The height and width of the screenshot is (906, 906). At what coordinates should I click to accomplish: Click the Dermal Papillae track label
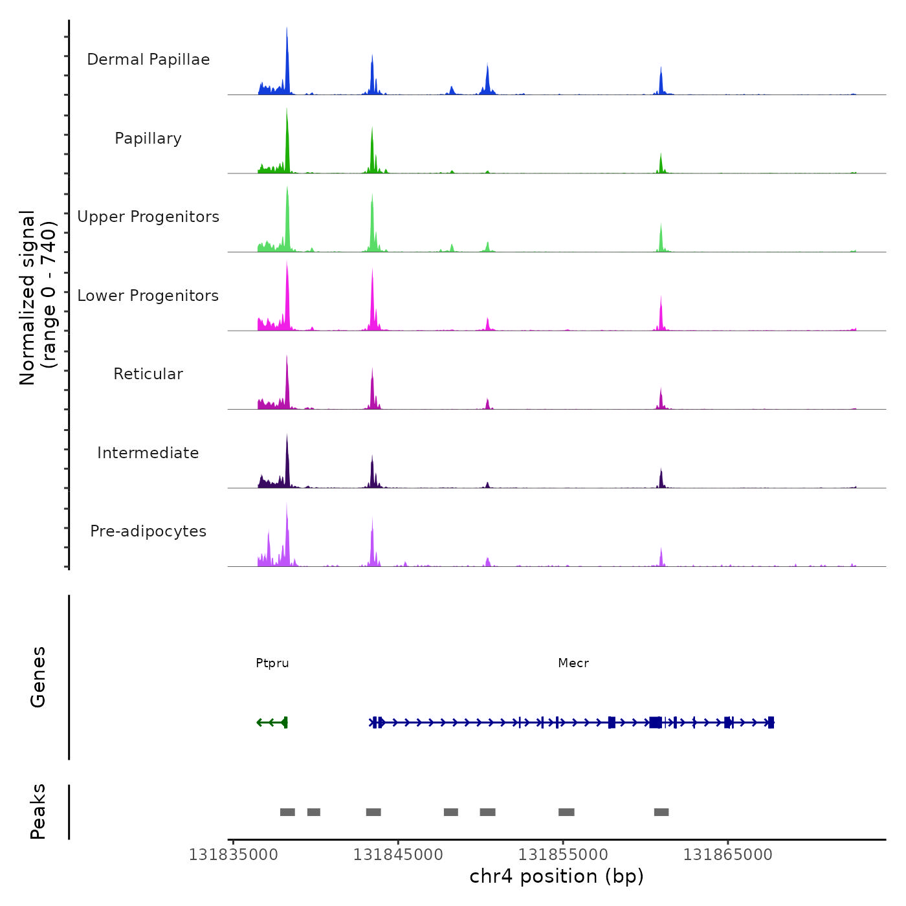tap(148, 60)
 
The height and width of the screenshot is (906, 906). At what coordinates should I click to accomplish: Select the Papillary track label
tap(148, 138)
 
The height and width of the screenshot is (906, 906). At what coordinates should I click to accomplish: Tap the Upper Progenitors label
tap(148, 217)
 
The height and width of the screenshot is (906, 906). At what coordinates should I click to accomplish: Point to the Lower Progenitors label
tap(148, 296)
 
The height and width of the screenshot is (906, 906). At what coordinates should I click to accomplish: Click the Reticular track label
tap(148, 374)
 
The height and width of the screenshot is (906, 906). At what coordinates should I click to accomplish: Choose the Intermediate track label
tap(148, 453)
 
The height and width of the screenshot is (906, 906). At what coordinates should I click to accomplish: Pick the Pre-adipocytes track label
tap(148, 531)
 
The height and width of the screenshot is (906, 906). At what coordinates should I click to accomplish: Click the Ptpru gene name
tap(272, 663)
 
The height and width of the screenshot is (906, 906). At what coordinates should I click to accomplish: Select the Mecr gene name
tap(573, 663)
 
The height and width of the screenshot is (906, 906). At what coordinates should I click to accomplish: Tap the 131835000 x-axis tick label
tap(234, 855)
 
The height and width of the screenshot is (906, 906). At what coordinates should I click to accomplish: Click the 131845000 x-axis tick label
tap(398, 855)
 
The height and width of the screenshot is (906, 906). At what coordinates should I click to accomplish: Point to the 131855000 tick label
tap(563, 855)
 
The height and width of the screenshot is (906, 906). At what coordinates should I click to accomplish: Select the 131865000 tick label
tap(728, 855)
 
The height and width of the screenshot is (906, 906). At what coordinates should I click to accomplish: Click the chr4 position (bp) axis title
tap(557, 877)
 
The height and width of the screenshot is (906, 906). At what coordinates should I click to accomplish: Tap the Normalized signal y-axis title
tap(38, 298)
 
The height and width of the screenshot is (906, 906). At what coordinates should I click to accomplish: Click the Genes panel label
tap(38, 677)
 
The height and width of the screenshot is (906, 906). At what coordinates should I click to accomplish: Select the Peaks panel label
tap(38, 812)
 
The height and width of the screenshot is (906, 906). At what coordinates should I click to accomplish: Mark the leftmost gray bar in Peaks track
tap(287, 812)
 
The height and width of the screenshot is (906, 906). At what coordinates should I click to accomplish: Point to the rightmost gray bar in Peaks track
tap(661, 812)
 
